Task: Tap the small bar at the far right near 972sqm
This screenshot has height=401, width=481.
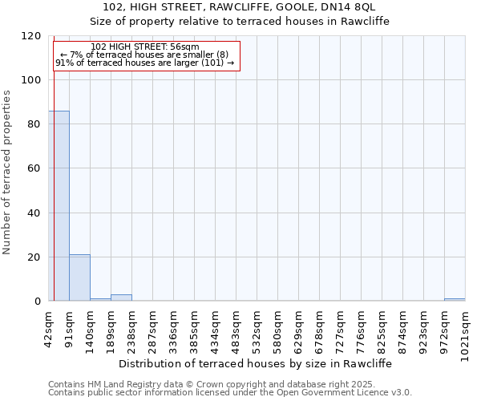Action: click(x=455, y=299)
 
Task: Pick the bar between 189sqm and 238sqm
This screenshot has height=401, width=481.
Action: click(x=121, y=298)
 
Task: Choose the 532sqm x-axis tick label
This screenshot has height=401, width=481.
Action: click(x=257, y=327)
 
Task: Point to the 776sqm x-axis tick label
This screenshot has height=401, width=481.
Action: click(x=362, y=327)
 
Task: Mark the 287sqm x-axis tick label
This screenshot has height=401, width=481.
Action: click(x=153, y=327)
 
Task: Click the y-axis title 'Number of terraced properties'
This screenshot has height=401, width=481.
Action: click(x=8, y=172)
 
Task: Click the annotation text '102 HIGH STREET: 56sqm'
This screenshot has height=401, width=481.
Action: click(x=145, y=47)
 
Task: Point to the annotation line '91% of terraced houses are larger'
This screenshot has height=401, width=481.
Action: click(x=145, y=63)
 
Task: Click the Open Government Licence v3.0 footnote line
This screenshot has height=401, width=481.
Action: click(x=229, y=393)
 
